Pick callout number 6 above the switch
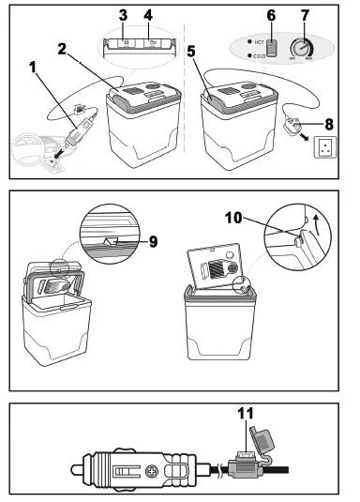(x=272, y=15)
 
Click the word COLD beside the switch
(x=255, y=58)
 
